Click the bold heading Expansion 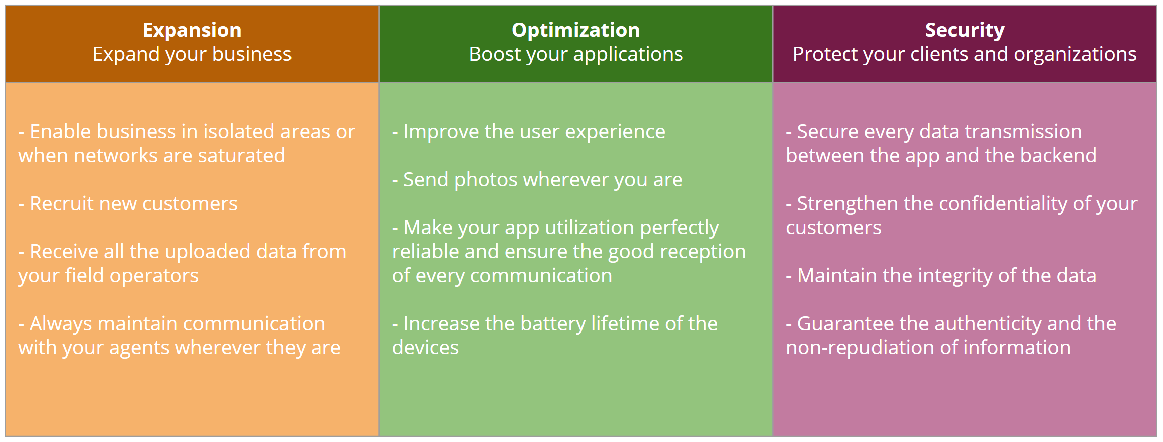point(192,30)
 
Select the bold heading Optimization point(575,30)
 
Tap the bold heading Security point(965,30)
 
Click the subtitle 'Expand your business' point(192,54)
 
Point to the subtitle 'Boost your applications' point(575,54)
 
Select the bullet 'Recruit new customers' point(128,204)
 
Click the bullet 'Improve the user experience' point(528,132)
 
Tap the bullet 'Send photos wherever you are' point(537,180)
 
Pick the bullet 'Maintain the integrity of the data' point(941,276)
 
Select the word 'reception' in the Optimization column point(702,252)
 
